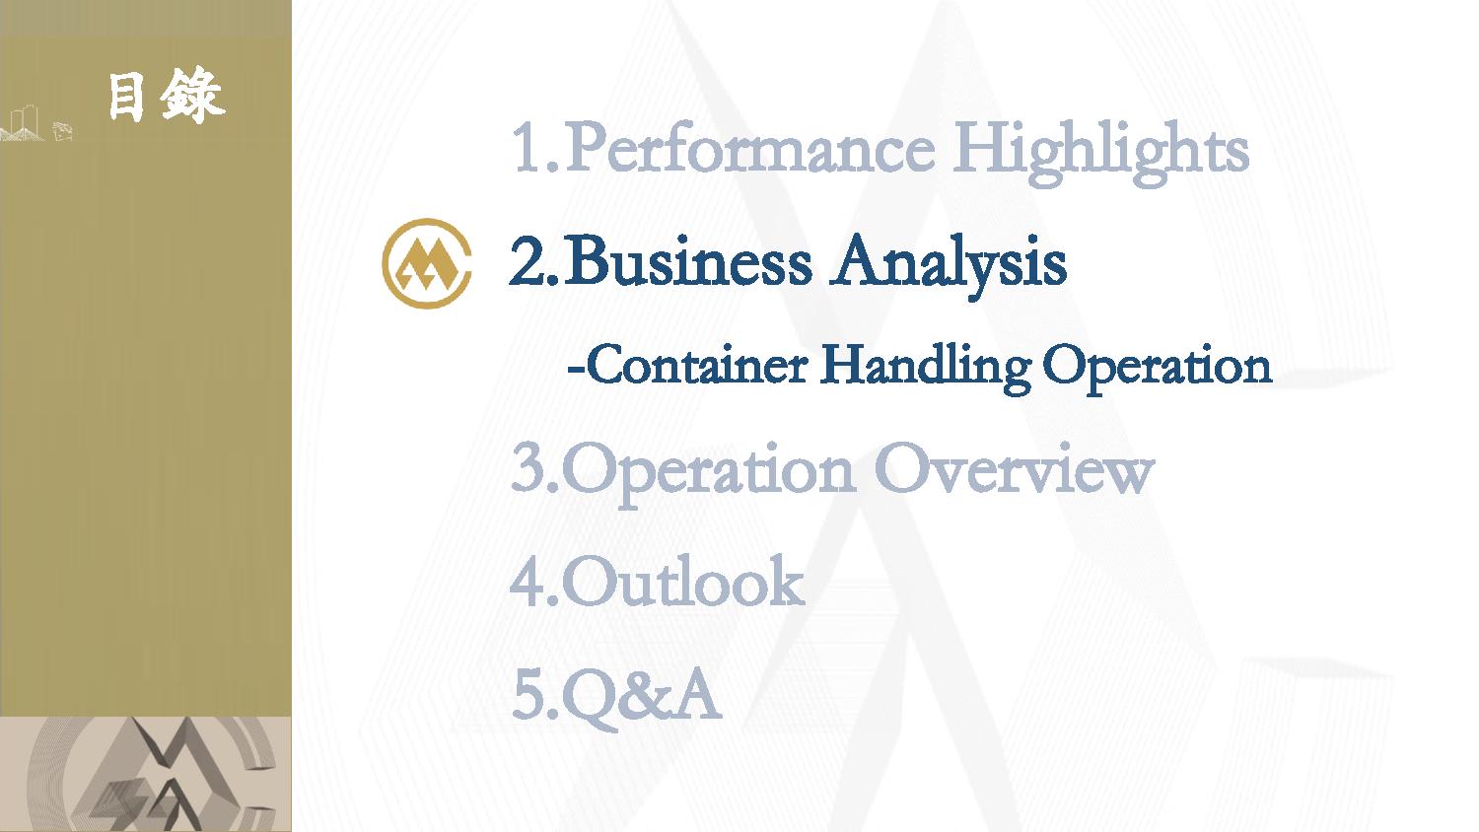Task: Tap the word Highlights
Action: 1100,153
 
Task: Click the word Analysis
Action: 949,265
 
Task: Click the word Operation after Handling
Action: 1157,369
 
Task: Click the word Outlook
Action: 683,581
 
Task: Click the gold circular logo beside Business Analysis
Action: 427,263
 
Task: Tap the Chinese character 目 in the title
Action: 125,97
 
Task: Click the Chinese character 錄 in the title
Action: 192,96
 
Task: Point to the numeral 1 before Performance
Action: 527,148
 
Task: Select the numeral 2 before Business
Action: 527,262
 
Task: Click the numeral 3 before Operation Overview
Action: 527,468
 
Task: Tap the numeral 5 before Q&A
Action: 528,695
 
